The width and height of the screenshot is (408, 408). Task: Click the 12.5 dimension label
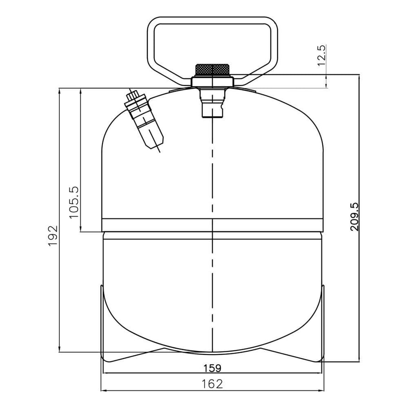pos(321,55)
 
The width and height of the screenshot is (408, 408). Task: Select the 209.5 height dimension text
pos(355,217)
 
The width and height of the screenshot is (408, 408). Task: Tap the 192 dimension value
pos(53,236)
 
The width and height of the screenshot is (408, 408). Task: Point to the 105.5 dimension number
pos(74,203)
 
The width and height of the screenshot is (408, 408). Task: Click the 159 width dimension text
pos(212,368)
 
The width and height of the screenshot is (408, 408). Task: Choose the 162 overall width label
pos(212,384)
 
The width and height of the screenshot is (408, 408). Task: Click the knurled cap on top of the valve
pos(212,70)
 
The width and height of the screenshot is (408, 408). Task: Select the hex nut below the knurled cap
pos(212,82)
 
